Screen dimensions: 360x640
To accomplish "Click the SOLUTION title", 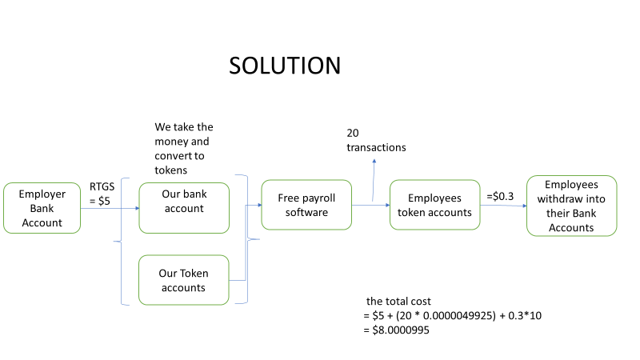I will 285,66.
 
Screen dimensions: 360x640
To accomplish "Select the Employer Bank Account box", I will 42,209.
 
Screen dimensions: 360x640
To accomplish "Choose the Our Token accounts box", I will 183,280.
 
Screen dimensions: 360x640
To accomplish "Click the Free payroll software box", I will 306,204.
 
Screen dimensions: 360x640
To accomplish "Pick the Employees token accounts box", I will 434,204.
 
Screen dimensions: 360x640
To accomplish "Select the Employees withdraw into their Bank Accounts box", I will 571,206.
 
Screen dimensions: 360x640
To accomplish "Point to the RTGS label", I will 103,188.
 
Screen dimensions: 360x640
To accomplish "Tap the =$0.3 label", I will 502,194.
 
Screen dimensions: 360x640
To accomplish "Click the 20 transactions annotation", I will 376,140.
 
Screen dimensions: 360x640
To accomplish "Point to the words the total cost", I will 398,302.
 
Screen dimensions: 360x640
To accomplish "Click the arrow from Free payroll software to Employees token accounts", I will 370,206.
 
